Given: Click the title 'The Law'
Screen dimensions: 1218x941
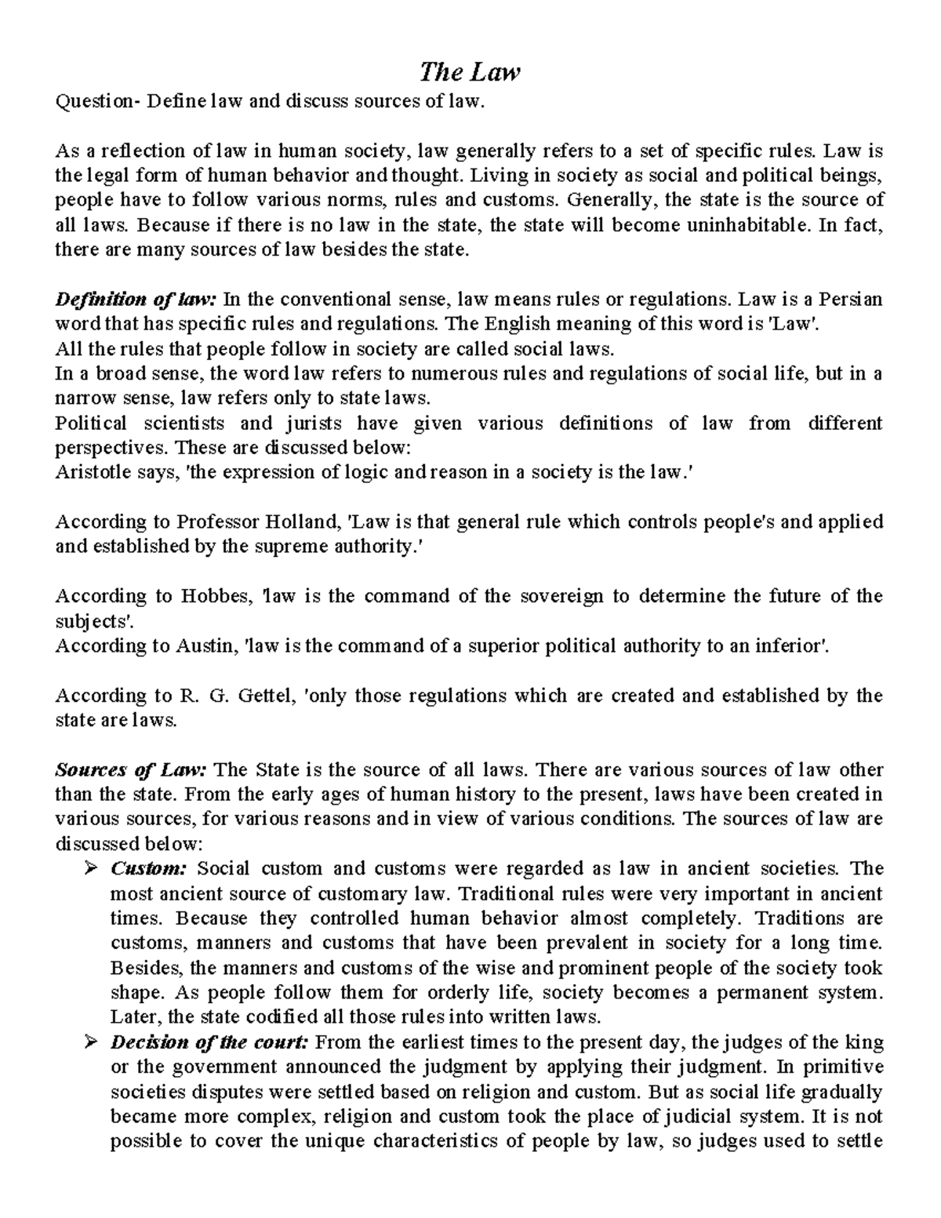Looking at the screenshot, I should (470, 73).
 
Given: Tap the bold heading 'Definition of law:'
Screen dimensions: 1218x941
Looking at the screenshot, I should (136, 300).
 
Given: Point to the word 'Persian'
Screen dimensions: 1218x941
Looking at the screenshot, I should (852, 300).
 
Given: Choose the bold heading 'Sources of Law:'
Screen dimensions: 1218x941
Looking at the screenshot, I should (130, 769).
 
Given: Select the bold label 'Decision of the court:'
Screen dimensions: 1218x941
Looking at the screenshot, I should (210, 1042).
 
